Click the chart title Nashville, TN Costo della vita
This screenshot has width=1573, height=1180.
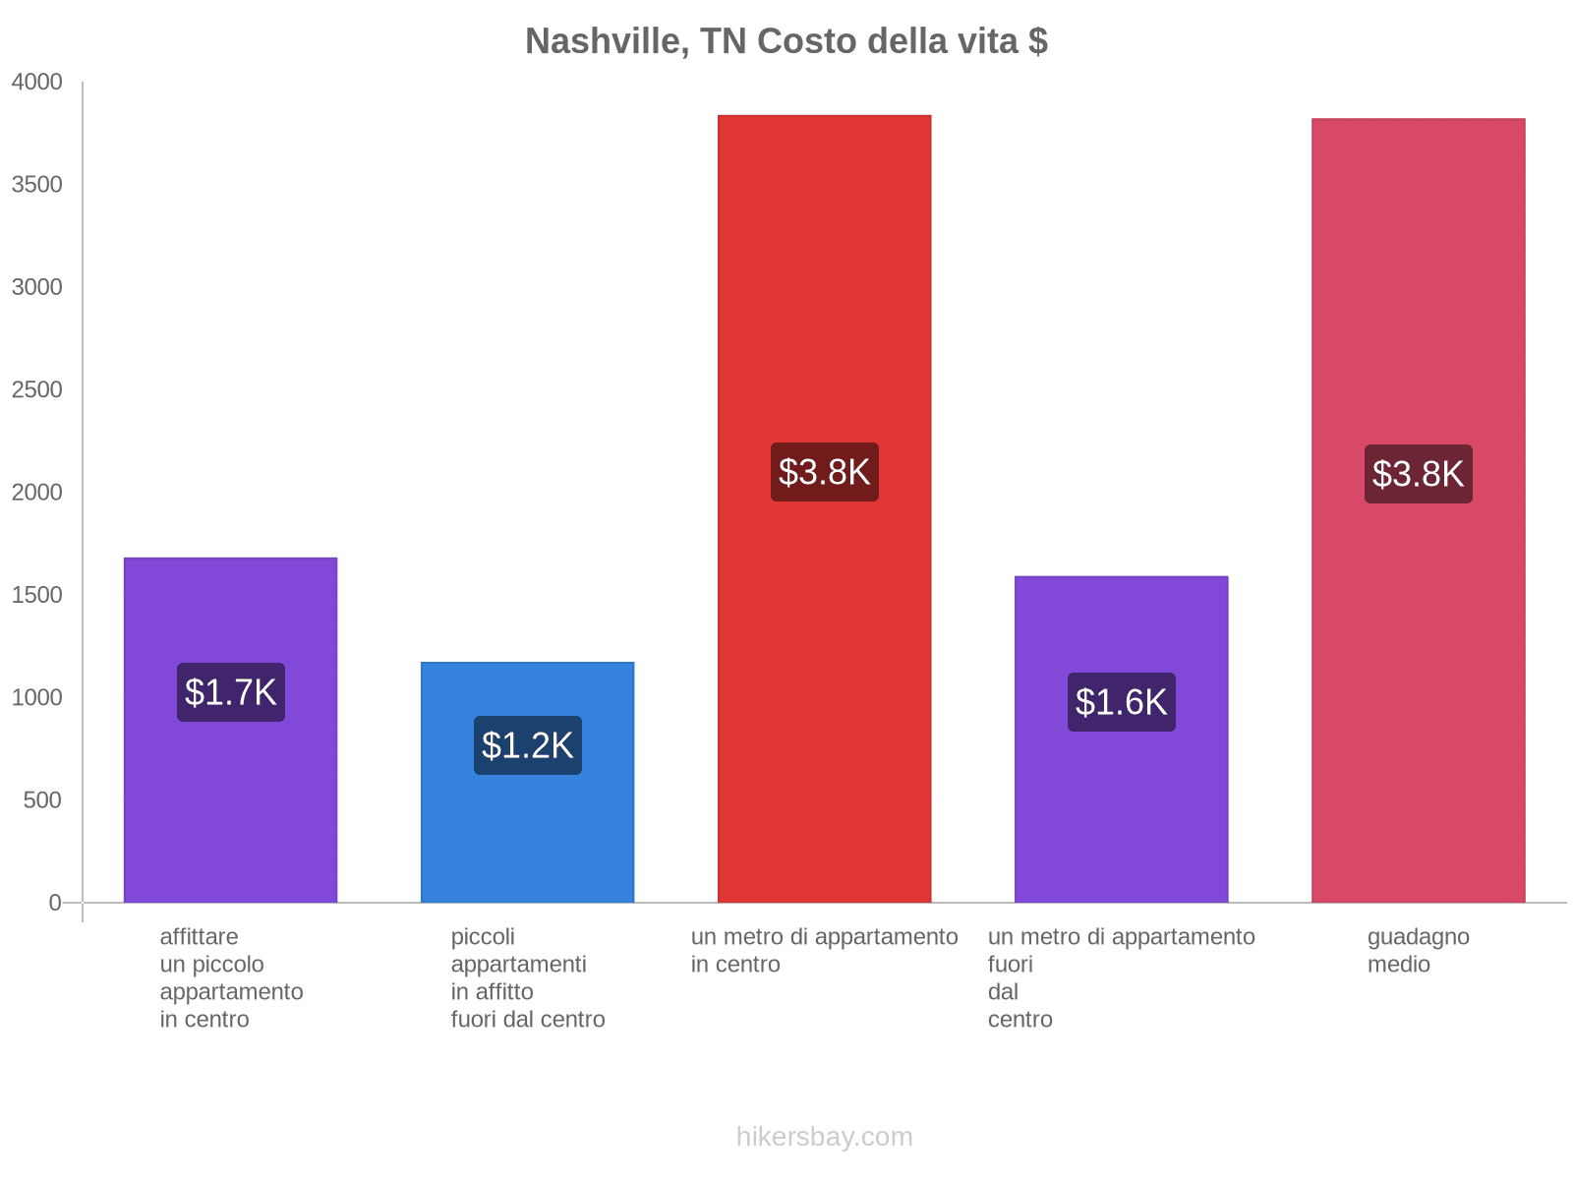pos(786,41)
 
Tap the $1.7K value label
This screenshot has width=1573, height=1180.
pos(231,692)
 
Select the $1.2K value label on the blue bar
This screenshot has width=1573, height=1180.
pos(528,745)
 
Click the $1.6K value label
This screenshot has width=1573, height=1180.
pos(1121,702)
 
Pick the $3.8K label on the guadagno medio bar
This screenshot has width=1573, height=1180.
pos(1418,474)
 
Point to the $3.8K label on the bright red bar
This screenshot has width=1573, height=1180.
pos(824,472)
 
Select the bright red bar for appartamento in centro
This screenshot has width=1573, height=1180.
pos(824,295)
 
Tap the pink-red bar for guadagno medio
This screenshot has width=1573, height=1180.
pos(1418,295)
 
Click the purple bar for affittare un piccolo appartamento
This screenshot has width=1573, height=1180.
pos(231,806)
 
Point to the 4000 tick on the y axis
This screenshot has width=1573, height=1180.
pos(37,83)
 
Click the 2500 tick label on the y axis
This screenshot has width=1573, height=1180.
pos(37,390)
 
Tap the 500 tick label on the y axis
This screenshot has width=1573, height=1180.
pos(43,800)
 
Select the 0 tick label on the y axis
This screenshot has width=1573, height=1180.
pos(55,903)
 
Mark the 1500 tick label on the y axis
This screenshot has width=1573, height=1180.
pos(37,595)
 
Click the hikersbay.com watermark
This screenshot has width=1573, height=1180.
pos(824,1137)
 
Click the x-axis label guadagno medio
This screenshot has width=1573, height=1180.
pos(1418,950)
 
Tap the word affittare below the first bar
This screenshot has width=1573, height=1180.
pos(199,936)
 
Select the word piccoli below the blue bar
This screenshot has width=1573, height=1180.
pos(483,936)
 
